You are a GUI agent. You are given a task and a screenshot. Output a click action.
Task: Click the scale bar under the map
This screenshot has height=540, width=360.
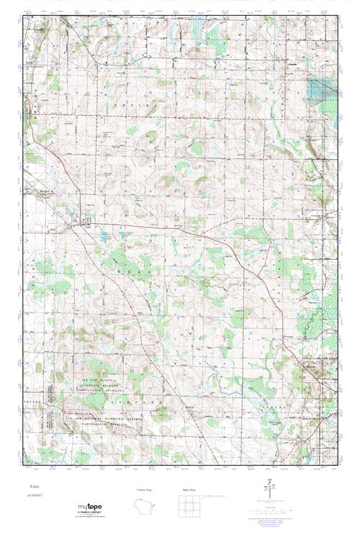click(x=270, y=503)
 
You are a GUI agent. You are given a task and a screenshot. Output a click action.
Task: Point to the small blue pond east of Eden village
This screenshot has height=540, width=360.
click(x=104, y=235)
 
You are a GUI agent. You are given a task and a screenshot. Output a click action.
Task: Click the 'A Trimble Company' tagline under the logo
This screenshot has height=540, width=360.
click(x=94, y=513)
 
